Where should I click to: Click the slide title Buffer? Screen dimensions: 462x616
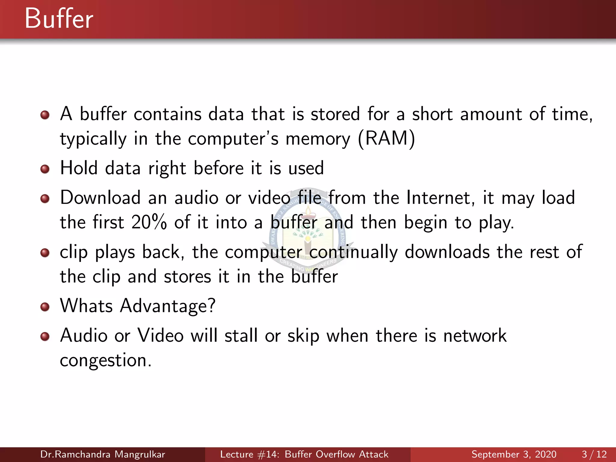(59, 19)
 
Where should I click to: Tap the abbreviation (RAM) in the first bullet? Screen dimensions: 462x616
(387, 139)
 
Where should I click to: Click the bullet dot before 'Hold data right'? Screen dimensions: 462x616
(45, 169)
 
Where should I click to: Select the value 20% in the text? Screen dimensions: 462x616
(149, 222)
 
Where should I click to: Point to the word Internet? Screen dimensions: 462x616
(440, 198)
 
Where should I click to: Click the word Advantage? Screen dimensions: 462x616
(168, 306)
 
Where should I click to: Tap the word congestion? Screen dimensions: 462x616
(105, 360)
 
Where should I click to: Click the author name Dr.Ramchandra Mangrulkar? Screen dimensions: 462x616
(103, 454)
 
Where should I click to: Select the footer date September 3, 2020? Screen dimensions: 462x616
(514, 454)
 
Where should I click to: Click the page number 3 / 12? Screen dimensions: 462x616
(594, 454)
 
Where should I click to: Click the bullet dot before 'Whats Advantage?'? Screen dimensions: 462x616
(45, 307)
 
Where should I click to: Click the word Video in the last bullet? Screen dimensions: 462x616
(160, 336)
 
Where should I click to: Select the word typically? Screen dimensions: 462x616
(93, 139)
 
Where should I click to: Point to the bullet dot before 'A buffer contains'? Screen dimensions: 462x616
(45, 115)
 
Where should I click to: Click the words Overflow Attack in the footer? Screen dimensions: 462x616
(351, 454)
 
